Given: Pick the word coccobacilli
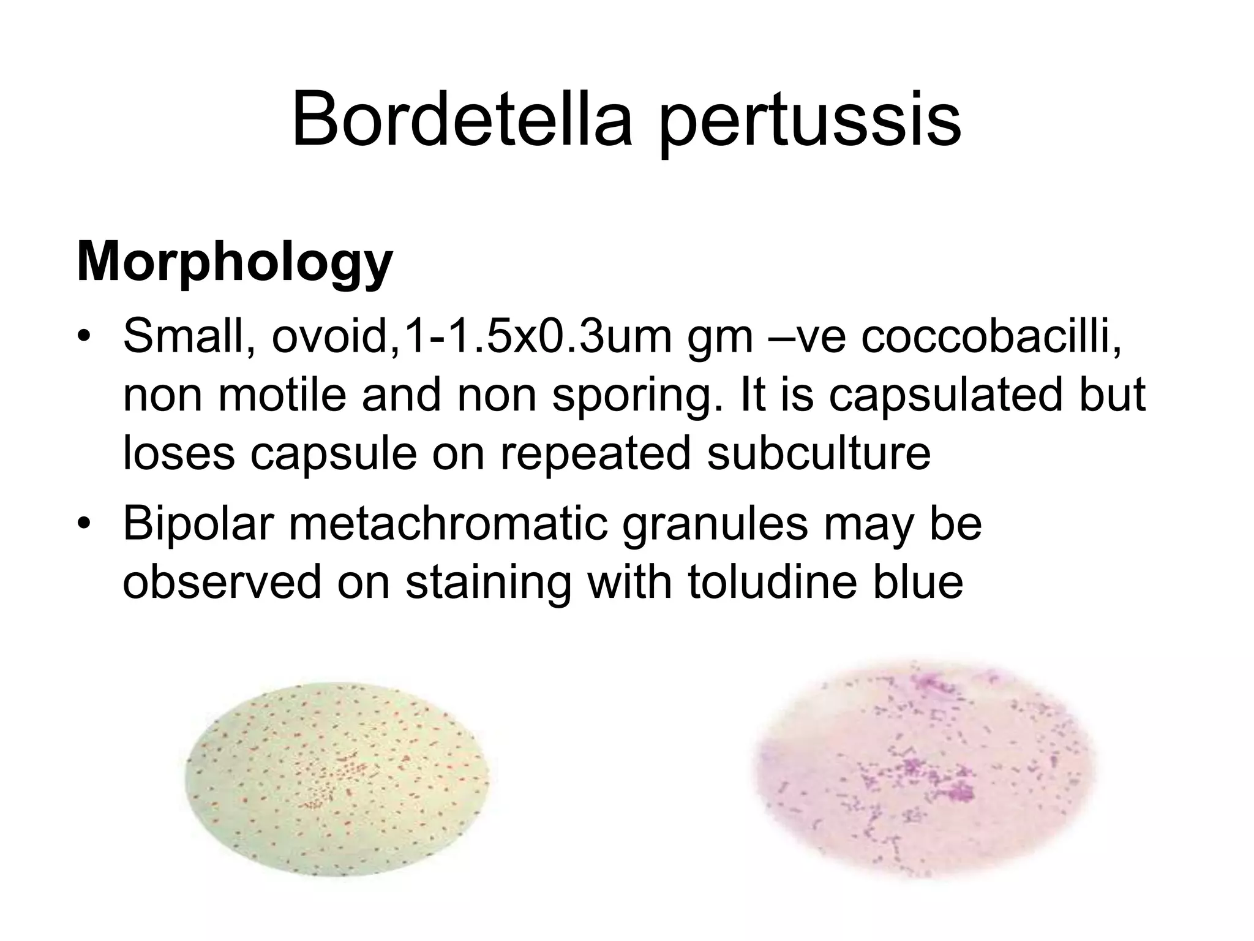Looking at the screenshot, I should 992,336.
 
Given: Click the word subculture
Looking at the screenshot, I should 819,453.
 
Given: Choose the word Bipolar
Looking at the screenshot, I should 198,524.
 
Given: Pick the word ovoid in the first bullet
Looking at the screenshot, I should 329,336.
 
